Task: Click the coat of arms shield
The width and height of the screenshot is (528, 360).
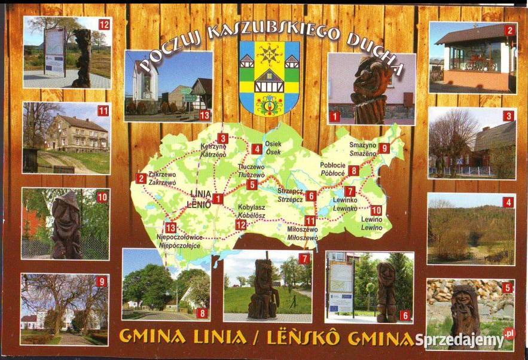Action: [269, 78]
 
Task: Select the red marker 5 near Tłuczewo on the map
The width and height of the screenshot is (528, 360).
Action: [252, 185]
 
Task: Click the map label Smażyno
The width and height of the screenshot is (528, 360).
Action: [363, 145]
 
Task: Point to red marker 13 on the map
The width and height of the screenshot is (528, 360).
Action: [170, 227]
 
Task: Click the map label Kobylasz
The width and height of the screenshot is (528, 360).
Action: [251, 207]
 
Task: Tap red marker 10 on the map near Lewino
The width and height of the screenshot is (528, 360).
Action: [376, 210]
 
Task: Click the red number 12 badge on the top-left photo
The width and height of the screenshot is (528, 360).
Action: [105, 25]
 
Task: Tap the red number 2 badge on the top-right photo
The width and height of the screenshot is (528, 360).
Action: [509, 31]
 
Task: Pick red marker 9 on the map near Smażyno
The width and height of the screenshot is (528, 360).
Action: [384, 148]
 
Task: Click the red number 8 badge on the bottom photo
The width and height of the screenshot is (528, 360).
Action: [202, 312]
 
